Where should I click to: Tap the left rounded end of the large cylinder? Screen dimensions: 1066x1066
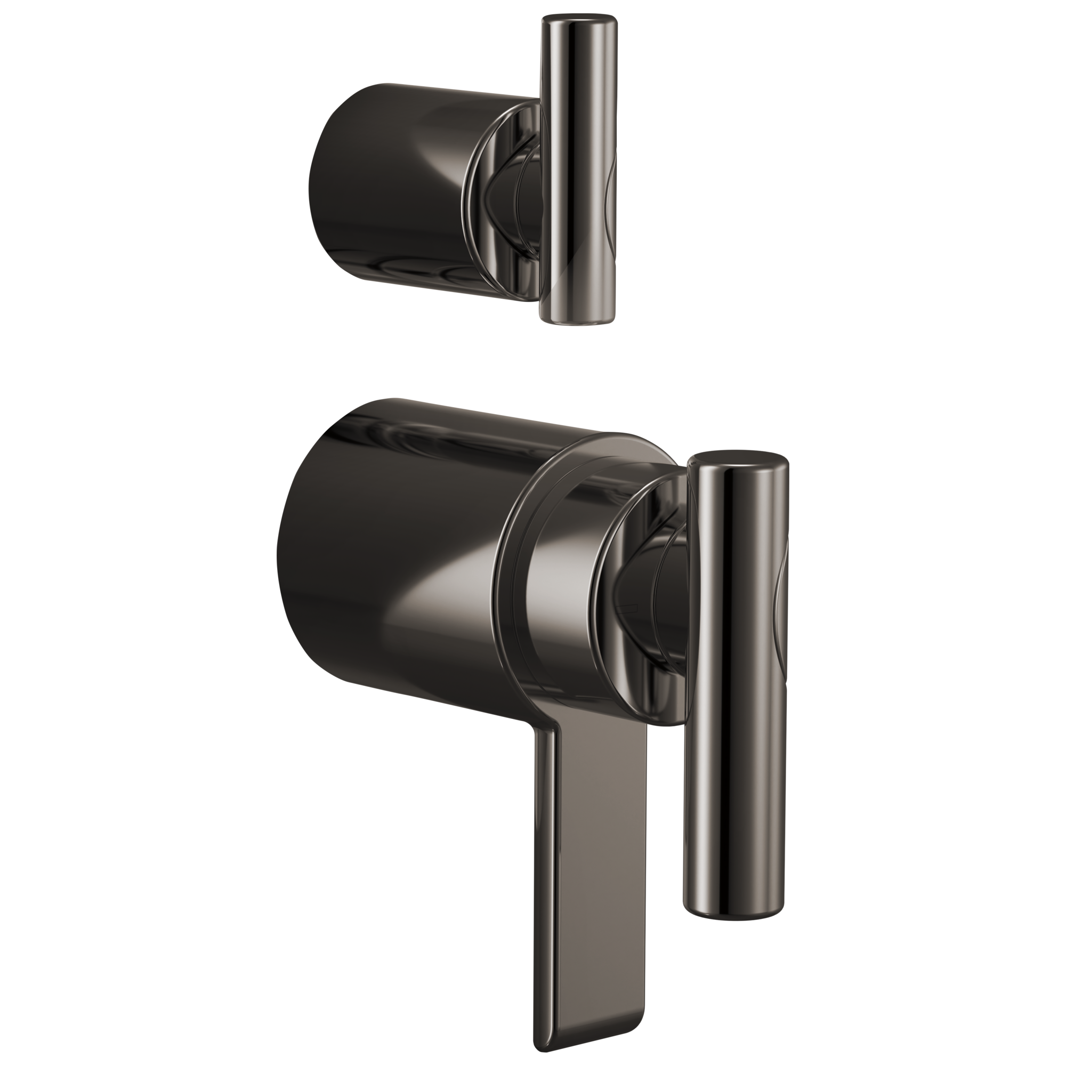[x=293, y=552]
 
